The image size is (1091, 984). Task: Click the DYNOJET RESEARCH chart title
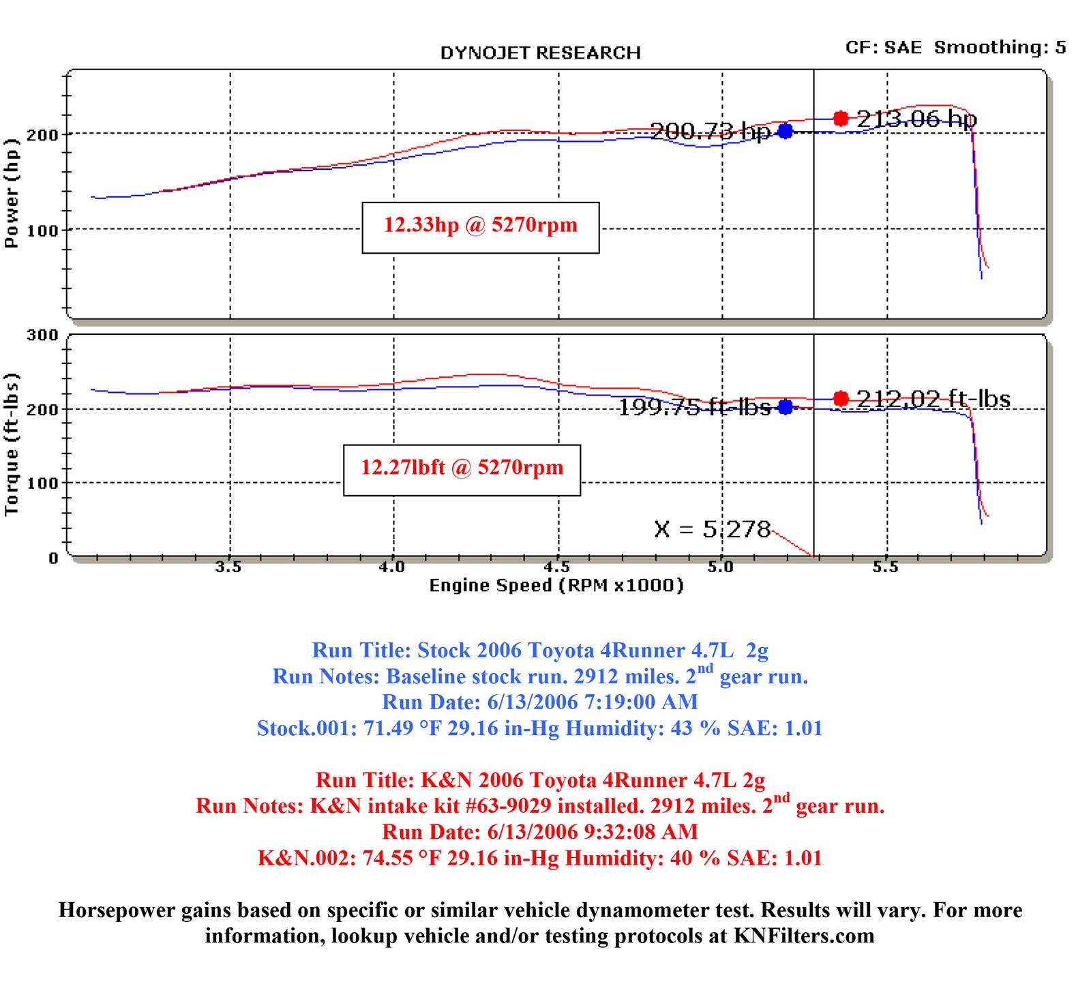[x=540, y=53]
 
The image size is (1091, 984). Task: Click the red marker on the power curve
[x=841, y=119]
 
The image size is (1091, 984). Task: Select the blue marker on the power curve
[x=786, y=131]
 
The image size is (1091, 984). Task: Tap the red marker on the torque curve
[x=841, y=398]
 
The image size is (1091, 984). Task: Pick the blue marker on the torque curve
[x=786, y=407]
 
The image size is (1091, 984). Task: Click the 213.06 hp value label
[x=916, y=119]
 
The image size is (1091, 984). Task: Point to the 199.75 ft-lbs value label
[x=694, y=408]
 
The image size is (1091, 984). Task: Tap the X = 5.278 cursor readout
[x=712, y=529]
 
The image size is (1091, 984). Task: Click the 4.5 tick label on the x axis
[x=557, y=567]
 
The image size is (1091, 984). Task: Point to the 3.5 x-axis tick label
[x=228, y=567]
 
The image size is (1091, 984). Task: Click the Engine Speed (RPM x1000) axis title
[x=556, y=585]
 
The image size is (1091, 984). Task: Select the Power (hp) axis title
[x=12, y=193]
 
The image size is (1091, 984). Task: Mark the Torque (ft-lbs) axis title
[x=12, y=445]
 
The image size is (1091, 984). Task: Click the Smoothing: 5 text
[x=1000, y=47]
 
